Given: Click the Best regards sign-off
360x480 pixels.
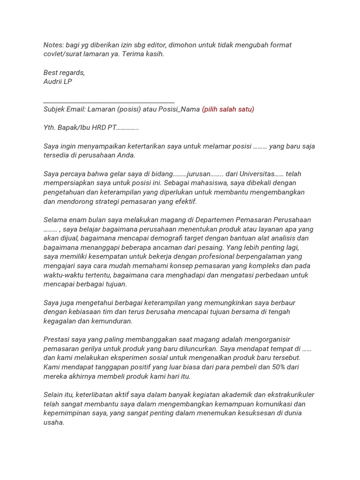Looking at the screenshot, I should [x=64, y=73].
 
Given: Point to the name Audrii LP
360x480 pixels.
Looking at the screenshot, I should [x=58, y=82].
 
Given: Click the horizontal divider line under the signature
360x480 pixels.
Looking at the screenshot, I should [x=109, y=102].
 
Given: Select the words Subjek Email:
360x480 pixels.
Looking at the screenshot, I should [x=65, y=109].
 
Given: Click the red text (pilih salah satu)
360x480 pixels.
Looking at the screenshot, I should [x=228, y=109].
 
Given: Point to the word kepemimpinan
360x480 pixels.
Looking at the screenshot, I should [x=65, y=413].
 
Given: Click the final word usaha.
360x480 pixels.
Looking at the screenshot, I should [x=53, y=422].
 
